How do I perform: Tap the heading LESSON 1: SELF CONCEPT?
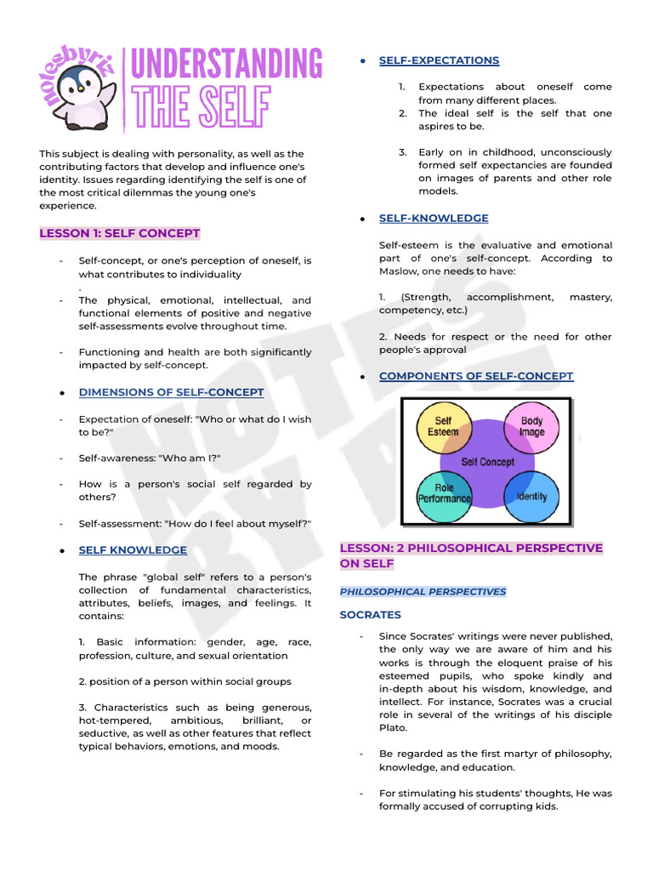click(x=120, y=233)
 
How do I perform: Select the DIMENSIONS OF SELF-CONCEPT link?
click(x=171, y=392)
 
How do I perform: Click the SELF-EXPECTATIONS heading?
click(x=439, y=60)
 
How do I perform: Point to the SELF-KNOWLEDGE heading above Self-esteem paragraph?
click(x=434, y=219)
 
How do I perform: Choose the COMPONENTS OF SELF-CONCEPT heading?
click(x=476, y=376)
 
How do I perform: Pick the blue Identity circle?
click(x=531, y=496)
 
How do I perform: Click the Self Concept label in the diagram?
click(x=487, y=462)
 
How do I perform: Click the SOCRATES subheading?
click(x=370, y=615)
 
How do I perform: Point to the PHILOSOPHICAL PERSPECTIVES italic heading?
click(x=423, y=592)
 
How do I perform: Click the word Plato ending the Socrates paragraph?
click(x=393, y=728)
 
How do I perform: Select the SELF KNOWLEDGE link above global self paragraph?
click(x=133, y=550)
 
